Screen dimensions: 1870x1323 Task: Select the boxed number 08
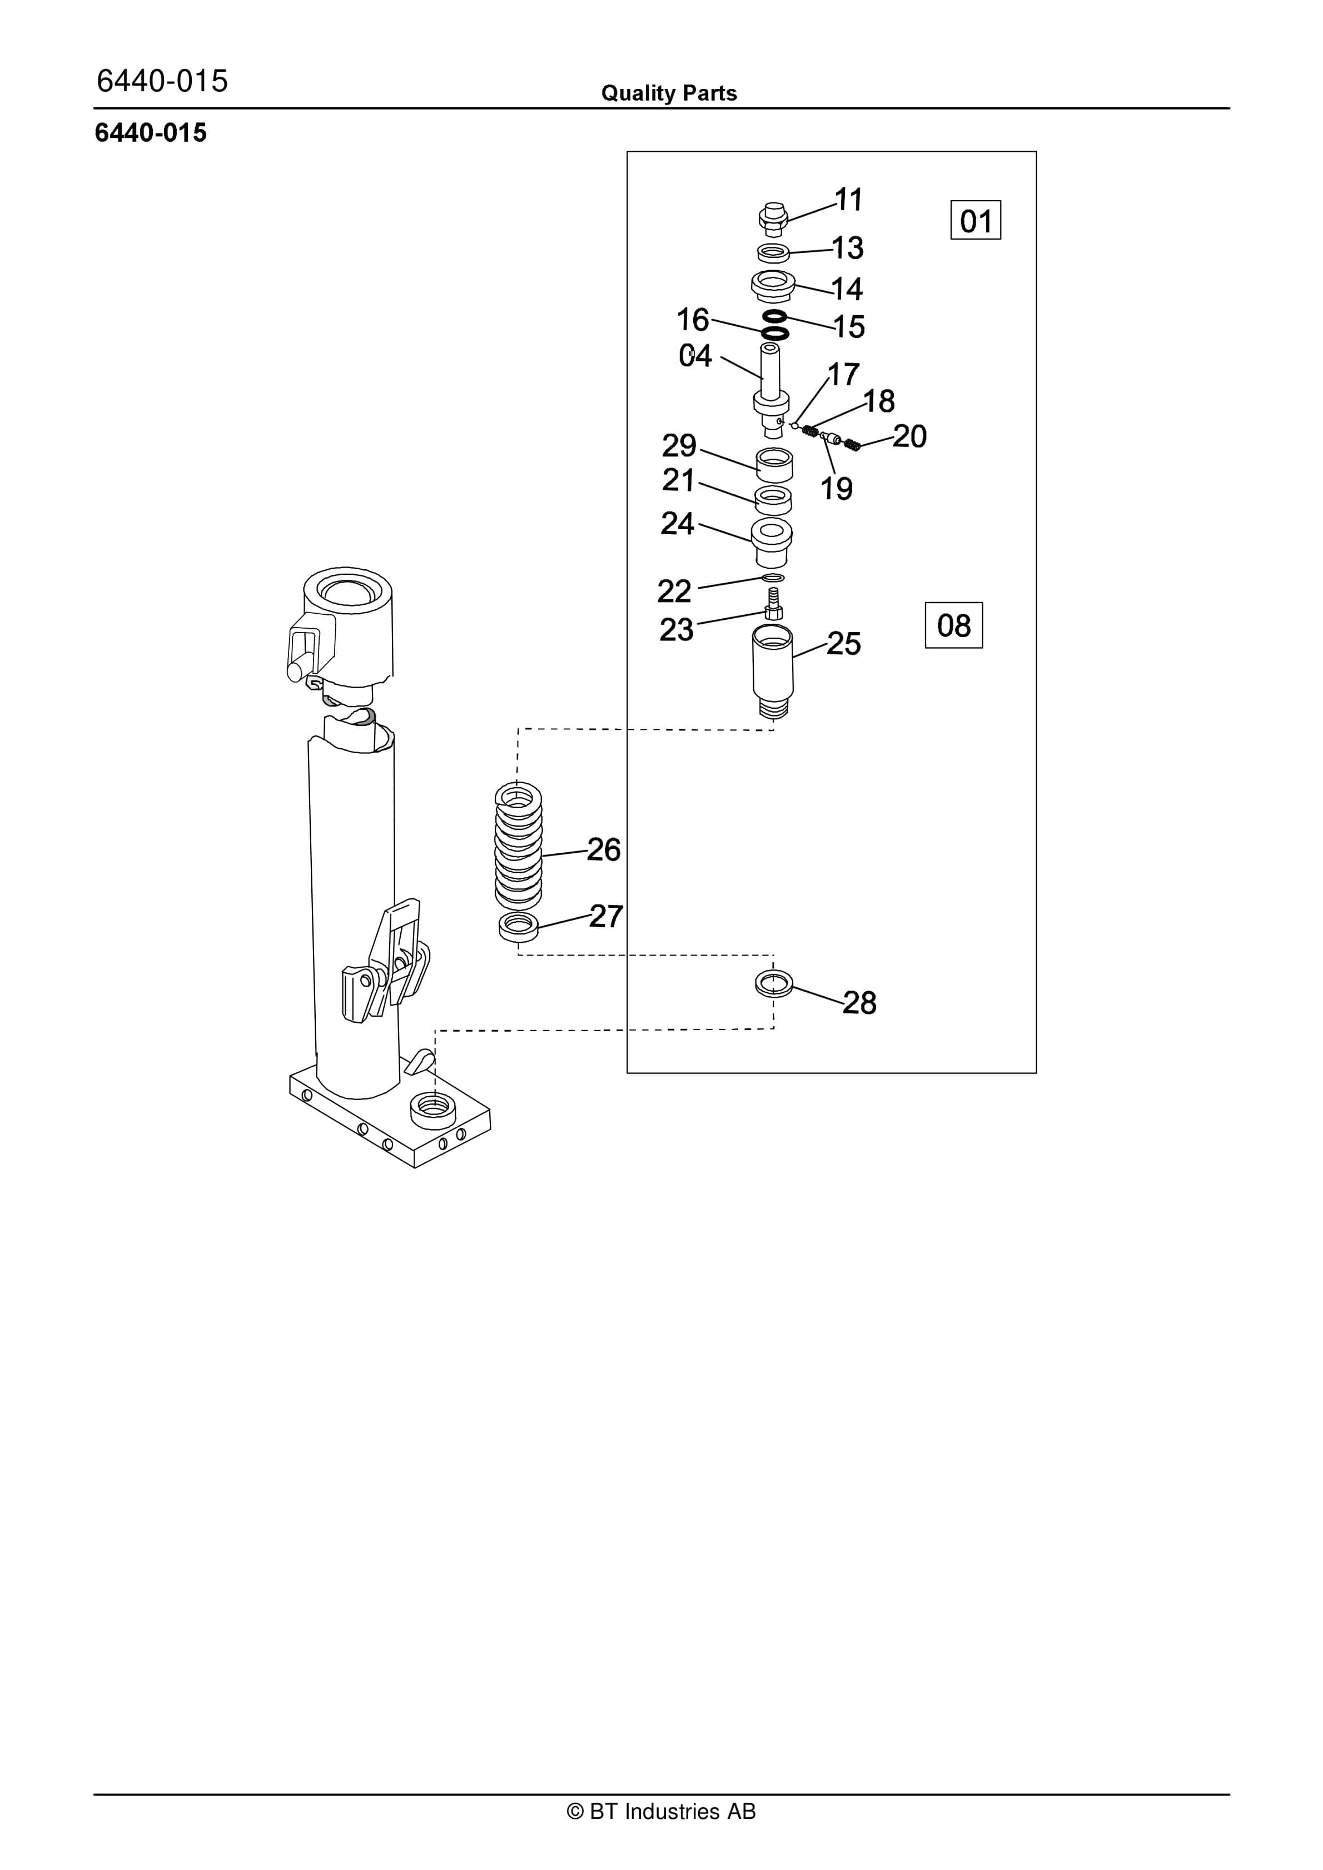(x=953, y=625)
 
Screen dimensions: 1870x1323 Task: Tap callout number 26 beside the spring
(x=604, y=849)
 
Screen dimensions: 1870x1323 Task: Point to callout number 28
(x=859, y=1003)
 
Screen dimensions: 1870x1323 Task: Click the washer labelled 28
(x=774, y=983)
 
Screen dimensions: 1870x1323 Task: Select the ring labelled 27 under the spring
(x=518, y=926)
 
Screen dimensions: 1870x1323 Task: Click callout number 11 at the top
(x=849, y=200)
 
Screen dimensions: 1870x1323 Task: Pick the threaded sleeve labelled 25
(x=772, y=669)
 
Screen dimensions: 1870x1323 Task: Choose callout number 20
(x=910, y=436)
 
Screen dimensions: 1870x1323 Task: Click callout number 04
(x=695, y=356)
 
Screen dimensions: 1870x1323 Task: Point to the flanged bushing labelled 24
(x=772, y=541)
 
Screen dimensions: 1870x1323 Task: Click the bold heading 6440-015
(x=151, y=133)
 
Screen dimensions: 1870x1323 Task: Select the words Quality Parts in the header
(x=669, y=93)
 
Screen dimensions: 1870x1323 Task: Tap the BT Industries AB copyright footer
(x=661, y=1812)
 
